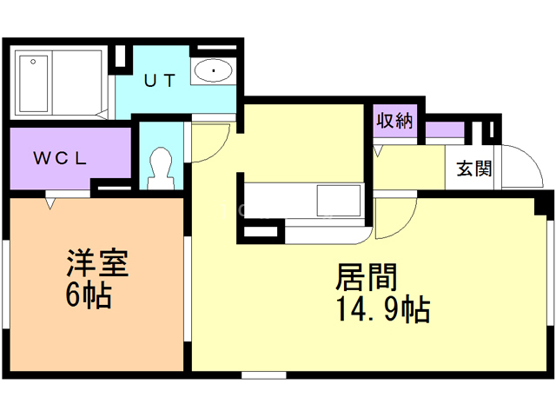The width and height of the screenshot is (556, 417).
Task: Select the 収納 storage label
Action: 394,122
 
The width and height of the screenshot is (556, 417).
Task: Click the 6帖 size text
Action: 87,295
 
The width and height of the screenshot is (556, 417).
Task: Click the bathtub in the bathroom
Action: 38,85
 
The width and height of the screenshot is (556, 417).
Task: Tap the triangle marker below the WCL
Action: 51,204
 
